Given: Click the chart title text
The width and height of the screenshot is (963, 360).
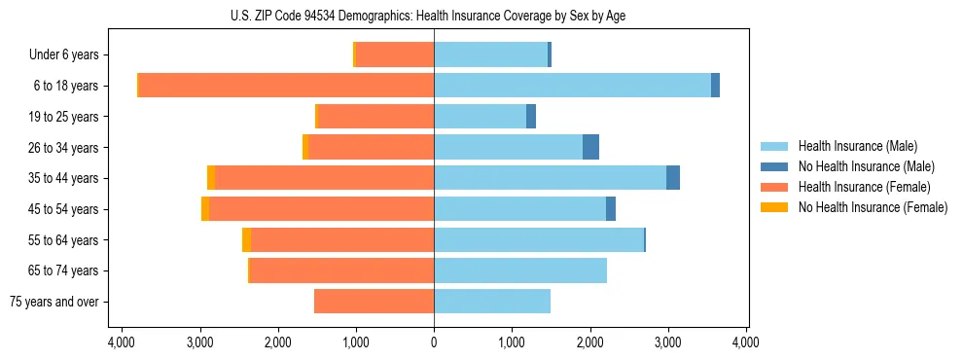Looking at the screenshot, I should point(434,16).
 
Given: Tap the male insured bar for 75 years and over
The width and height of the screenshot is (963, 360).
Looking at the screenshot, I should point(492,302).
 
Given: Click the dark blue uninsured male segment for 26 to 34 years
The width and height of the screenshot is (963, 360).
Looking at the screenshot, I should point(590,147).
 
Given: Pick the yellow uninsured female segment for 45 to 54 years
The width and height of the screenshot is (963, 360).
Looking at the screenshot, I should point(205,209).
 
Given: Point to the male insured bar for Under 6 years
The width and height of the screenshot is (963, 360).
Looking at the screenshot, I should point(490,54).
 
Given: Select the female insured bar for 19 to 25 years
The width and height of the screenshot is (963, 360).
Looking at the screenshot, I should point(375,117).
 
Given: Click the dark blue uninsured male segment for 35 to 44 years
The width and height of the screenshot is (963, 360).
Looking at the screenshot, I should point(673,178).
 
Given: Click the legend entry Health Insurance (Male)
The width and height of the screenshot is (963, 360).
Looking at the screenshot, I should point(857,146).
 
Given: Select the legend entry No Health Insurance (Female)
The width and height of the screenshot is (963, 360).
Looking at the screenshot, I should point(873,207).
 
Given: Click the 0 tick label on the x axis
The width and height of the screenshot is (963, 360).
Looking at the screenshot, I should point(434,342).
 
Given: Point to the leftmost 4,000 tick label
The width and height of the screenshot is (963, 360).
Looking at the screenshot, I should point(122,342).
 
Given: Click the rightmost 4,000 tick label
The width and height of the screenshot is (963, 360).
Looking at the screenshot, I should point(746,342).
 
